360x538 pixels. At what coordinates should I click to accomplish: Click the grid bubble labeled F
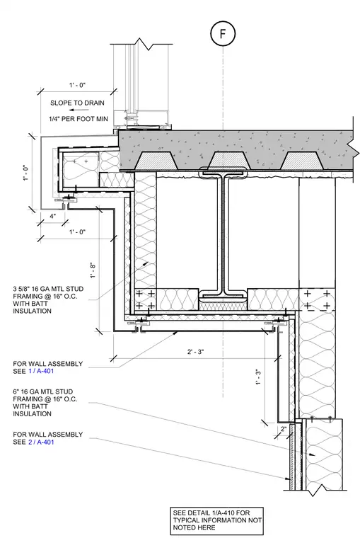pos(223,34)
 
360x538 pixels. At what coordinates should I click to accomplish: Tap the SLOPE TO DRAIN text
pos(77,103)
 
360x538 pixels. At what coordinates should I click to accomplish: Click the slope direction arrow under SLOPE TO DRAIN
pos(79,110)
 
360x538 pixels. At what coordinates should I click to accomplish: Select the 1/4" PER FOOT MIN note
pos(79,119)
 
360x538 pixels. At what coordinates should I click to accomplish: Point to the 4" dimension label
pos(52,216)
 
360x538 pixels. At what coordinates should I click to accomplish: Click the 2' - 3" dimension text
pos(195,352)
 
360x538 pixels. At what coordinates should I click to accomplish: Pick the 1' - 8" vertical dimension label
pos(92,270)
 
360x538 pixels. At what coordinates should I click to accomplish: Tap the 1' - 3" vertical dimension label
pos(258,377)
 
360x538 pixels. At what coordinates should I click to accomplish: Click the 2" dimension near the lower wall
pos(284,428)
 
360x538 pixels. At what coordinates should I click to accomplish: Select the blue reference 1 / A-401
pos(41,371)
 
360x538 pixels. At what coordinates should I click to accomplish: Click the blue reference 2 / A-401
pos(41,442)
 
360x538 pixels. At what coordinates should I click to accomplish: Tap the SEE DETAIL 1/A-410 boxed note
pos(217,520)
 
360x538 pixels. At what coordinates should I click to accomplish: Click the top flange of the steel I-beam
pos(223,173)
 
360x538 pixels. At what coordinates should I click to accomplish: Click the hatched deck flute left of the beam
pos(156,160)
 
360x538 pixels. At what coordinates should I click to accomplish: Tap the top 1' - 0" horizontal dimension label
pos(77,85)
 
